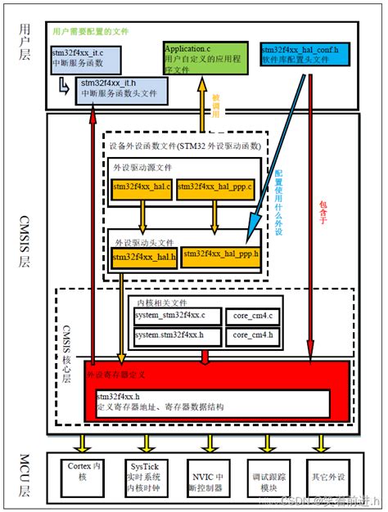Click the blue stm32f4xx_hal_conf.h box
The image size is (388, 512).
coord(304,54)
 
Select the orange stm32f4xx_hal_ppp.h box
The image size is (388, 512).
coord(220,254)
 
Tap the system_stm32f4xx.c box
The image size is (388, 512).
coord(175,315)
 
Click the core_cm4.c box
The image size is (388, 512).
coord(253,315)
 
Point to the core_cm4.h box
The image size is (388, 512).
coord(253,335)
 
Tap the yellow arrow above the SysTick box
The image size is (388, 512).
coord(147,442)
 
